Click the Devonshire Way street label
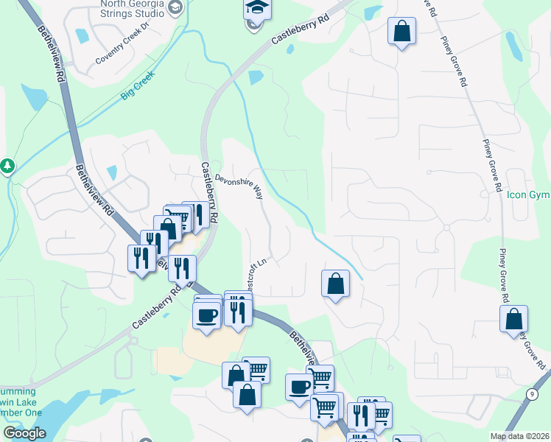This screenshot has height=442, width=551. (x=239, y=187)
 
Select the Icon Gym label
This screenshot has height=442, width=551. (x=528, y=195)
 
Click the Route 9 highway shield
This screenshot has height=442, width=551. (x=531, y=394)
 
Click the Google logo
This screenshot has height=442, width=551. (x=24, y=432)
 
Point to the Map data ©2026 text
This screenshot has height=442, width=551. (x=519, y=436)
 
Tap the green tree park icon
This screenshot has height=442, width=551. (x=7, y=166)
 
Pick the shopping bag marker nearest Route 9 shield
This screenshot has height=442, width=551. (x=513, y=319)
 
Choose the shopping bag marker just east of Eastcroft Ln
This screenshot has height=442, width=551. (x=335, y=284)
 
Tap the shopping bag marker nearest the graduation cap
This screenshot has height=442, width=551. (x=401, y=31)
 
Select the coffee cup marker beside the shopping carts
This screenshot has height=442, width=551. (x=300, y=387)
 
